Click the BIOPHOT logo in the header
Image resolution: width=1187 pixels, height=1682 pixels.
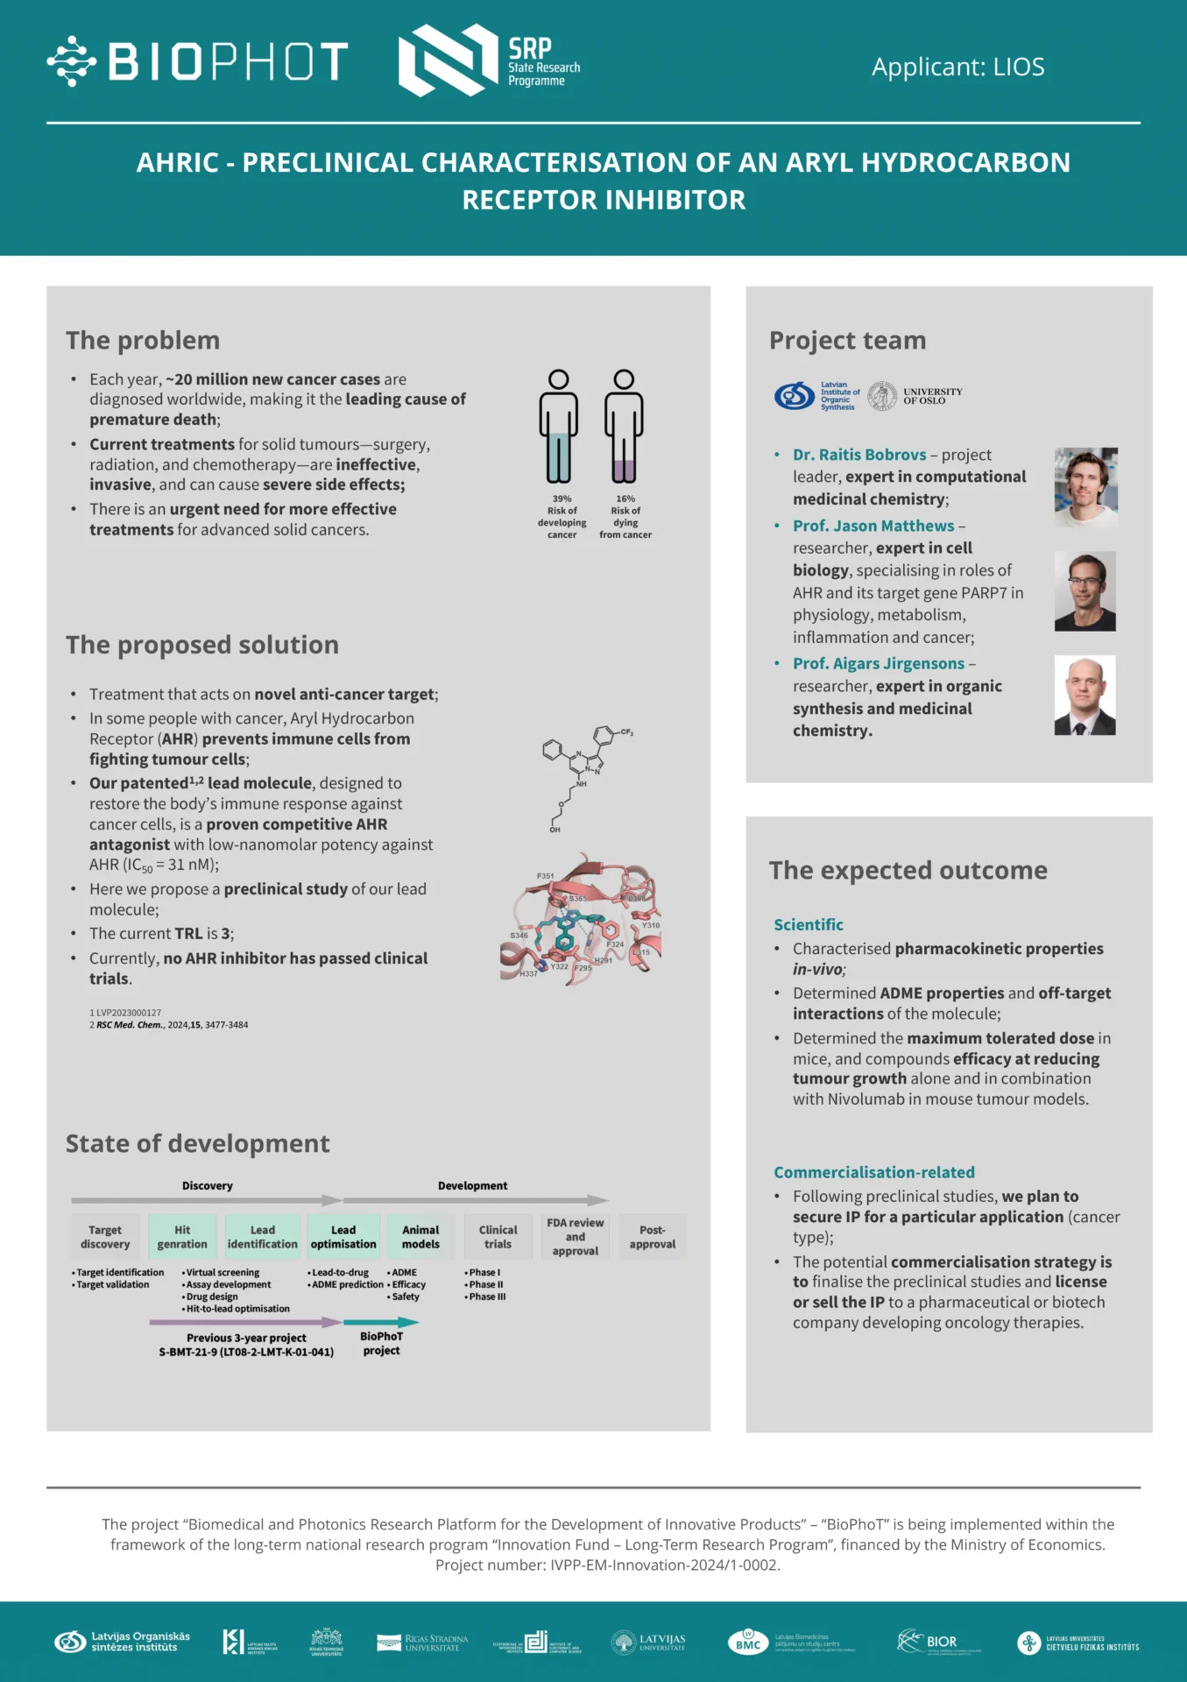(198, 61)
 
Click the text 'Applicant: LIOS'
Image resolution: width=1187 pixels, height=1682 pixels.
(957, 67)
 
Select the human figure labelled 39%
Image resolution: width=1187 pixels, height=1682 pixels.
(558, 427)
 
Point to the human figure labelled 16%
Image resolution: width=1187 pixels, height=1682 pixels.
(624, 427)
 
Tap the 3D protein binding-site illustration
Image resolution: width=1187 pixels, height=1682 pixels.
(582, 920)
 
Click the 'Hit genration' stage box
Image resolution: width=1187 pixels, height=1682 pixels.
(182, 1237)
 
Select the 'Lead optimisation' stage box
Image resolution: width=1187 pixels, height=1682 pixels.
(343, 1237)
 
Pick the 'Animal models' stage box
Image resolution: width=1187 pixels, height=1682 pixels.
(420, 1237)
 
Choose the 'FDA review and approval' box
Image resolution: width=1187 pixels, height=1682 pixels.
(575, 1237)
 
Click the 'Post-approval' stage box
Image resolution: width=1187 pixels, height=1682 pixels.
(653, 1237)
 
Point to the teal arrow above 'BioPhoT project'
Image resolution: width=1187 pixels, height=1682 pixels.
(381, 1322)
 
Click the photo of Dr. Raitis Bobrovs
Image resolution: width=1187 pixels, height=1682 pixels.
(1085, 487)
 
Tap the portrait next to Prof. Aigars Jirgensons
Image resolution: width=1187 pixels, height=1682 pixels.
(1085, 695)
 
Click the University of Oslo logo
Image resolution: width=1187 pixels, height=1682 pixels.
(915, 396)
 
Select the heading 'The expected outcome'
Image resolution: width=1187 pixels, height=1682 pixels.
(908, 870)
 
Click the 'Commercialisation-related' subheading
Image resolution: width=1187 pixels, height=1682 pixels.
(873, 1172)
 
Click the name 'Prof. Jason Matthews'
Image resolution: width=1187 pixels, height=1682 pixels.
(873, 526)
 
